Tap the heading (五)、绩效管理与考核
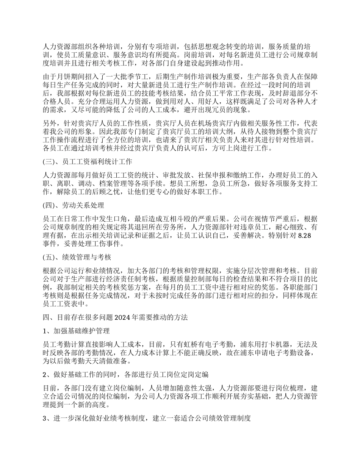point(77,257)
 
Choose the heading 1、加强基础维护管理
point(77,331)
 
